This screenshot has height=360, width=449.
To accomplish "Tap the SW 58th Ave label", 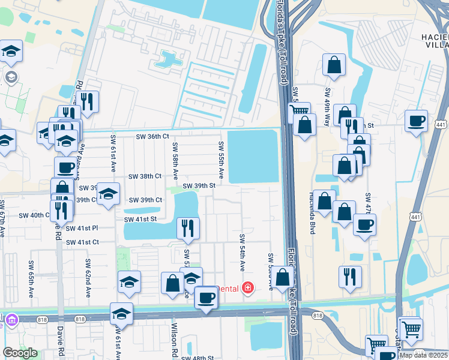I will click(175, 161).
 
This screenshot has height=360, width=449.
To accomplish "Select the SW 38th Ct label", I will click(145, 176).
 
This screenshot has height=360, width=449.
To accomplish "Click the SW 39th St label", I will click(199, 186).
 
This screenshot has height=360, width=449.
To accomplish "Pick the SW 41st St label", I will click(140, 220).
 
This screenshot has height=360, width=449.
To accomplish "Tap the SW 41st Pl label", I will click(82, 229).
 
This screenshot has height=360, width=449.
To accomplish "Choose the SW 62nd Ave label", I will click(88, 278).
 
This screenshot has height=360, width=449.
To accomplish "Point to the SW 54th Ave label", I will click(243, 252).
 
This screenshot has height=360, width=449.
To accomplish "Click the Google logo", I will click(20, 353).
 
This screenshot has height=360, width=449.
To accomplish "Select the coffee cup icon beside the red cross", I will click(206, 297).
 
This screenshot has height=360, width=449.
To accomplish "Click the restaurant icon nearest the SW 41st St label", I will click(188, 227).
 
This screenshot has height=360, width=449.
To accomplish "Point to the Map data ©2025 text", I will click(423, 355).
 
